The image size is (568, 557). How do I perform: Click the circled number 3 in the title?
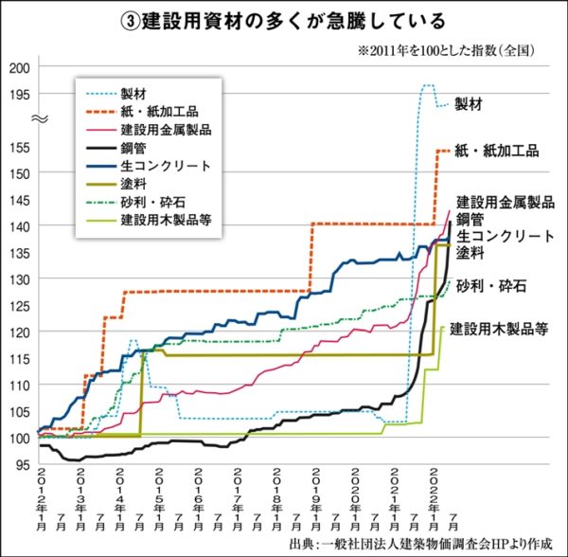[132, 20]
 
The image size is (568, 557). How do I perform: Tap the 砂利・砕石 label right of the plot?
[491, 284]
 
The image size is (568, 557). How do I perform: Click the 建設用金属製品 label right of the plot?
[505, 202]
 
